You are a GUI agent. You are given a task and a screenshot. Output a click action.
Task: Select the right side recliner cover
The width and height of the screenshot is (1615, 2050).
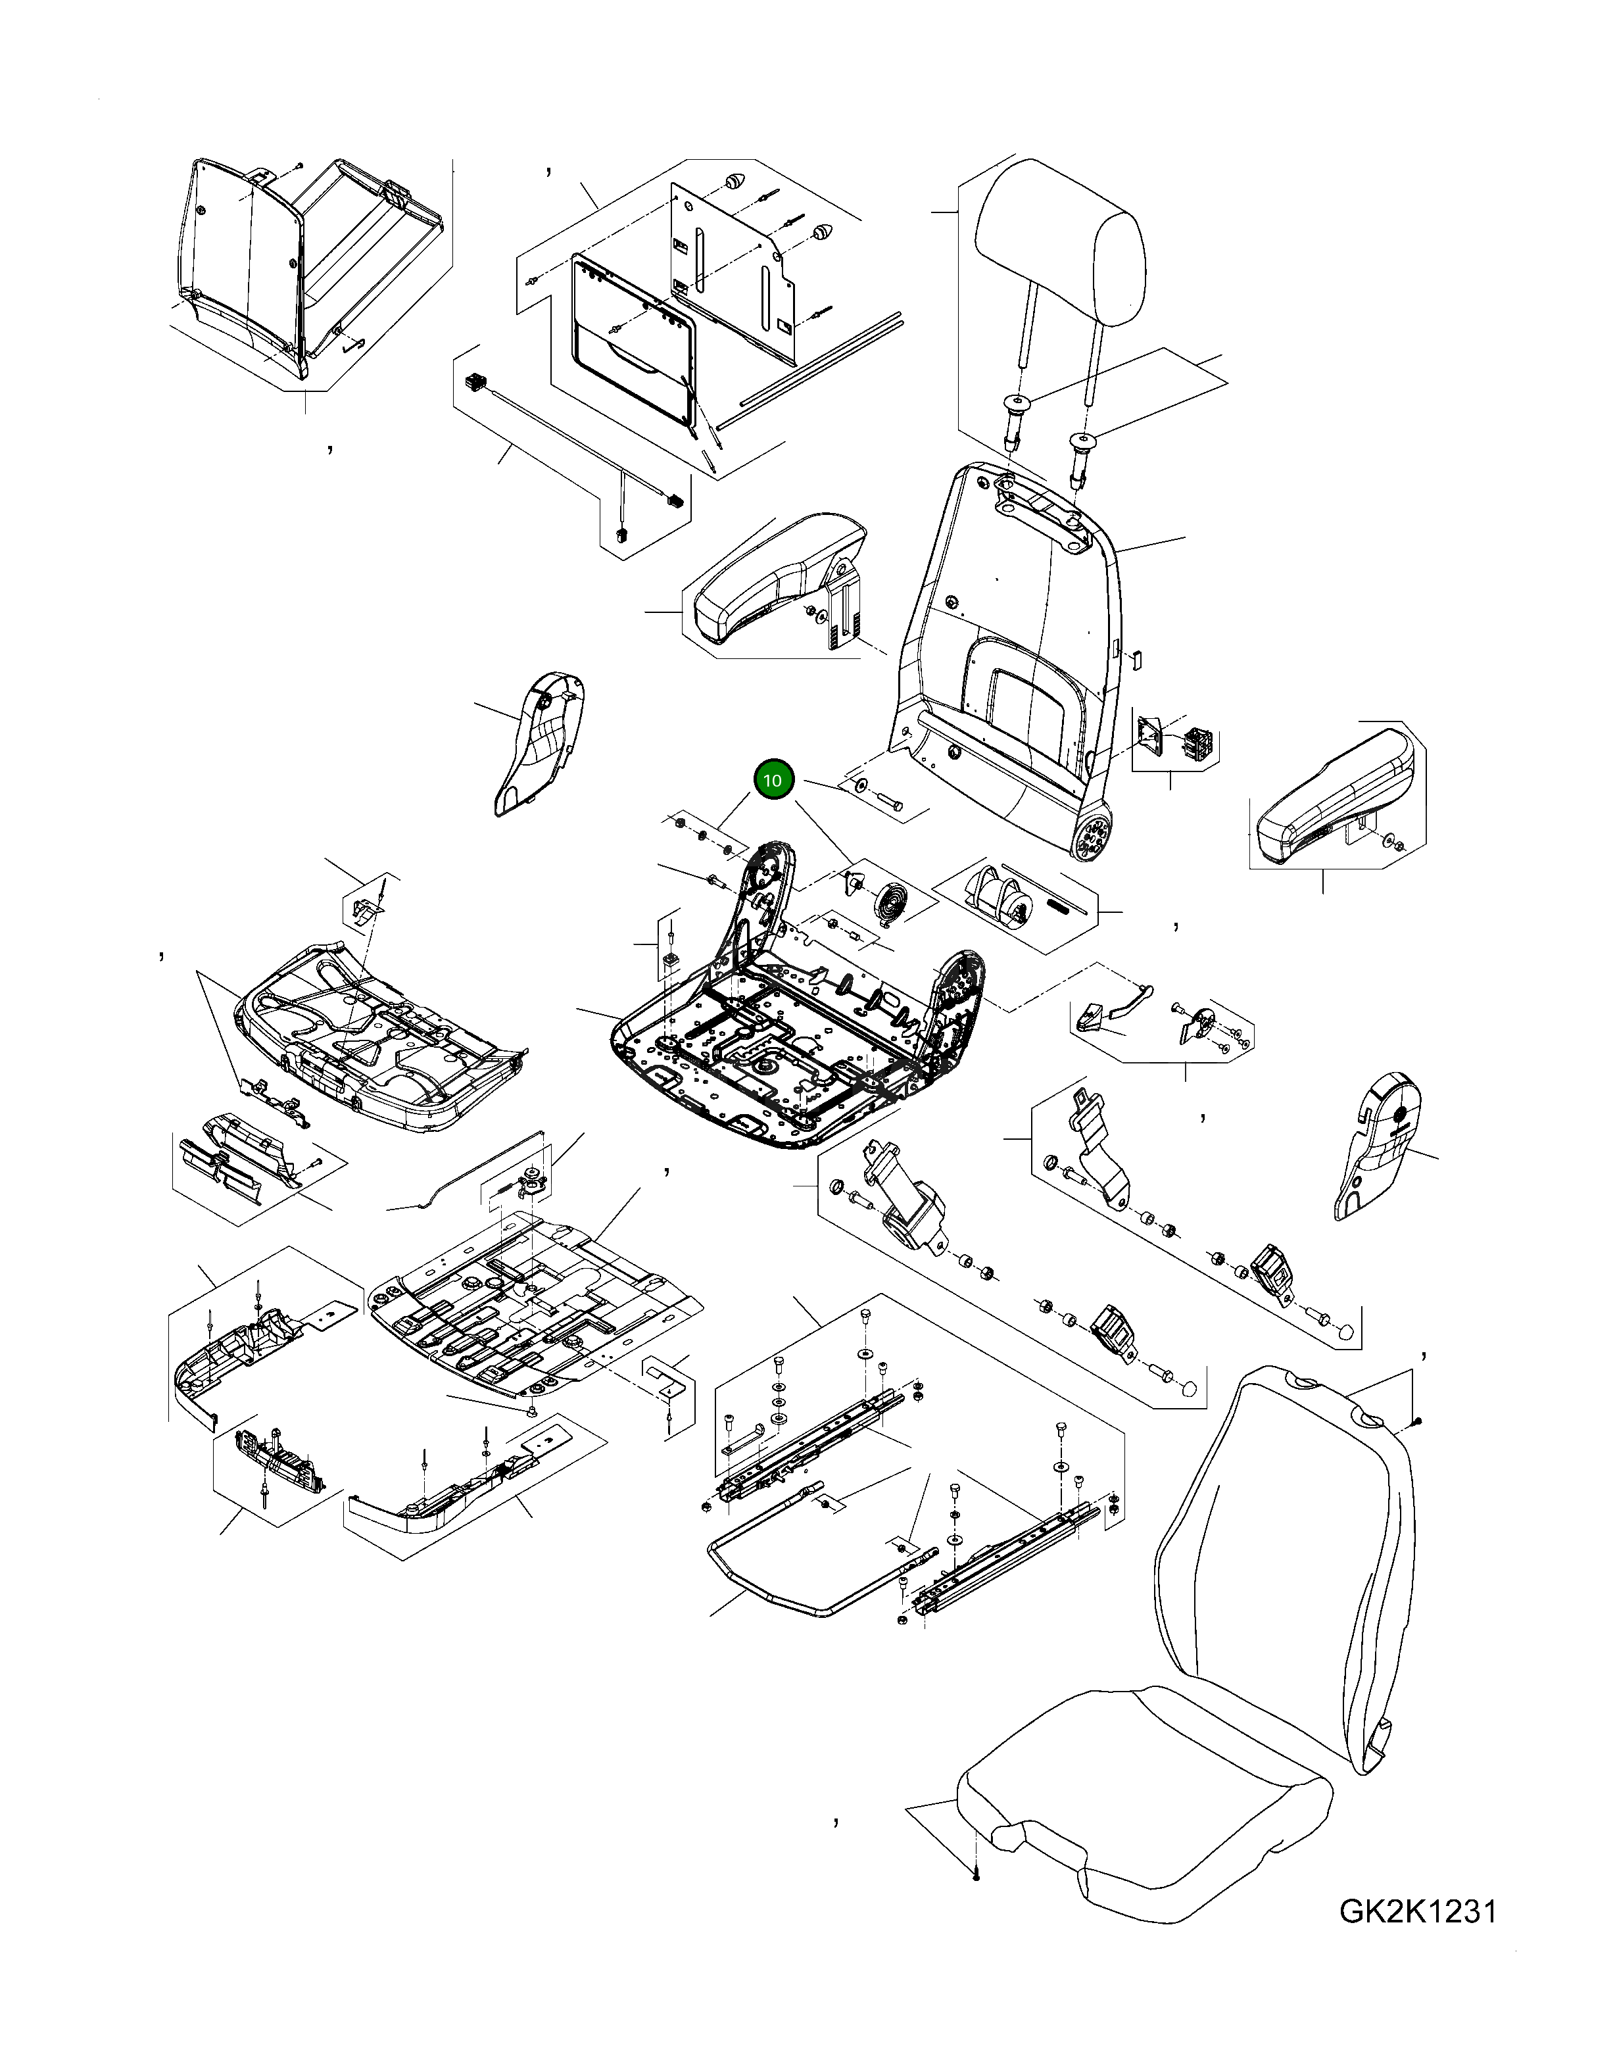click(1380, 1144)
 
